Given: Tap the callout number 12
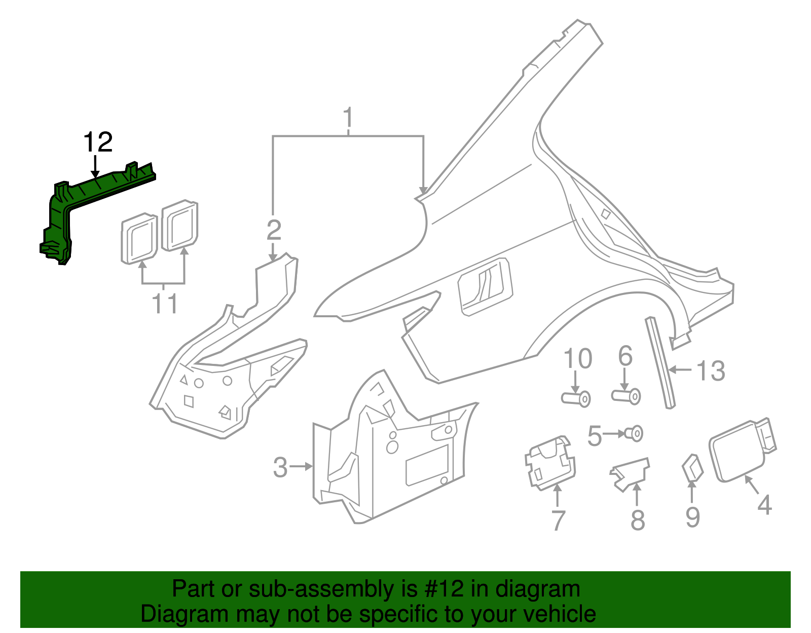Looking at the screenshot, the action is (x=98, y=142).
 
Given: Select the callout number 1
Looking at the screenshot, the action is (x=348, y=117).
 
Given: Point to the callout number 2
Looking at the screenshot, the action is (x=274, y=230).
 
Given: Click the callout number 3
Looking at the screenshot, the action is (x=280, y=467).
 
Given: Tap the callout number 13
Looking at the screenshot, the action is (x=711, y=371).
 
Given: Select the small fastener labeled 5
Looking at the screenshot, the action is (x=634, y=433).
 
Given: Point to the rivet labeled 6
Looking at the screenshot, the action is (x=626, y=396).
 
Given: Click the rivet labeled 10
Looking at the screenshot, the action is (x=576, y=399).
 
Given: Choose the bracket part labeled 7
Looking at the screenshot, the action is (x=550, y=463).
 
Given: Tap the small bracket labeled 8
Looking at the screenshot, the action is (x=630, y=474).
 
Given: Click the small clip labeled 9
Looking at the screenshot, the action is (x=693, y=468).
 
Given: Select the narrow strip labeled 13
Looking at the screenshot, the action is (x=660, y=362).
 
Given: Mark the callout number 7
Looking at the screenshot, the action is (x=558, y=520).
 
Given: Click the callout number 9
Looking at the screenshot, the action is (x=693, y=517).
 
